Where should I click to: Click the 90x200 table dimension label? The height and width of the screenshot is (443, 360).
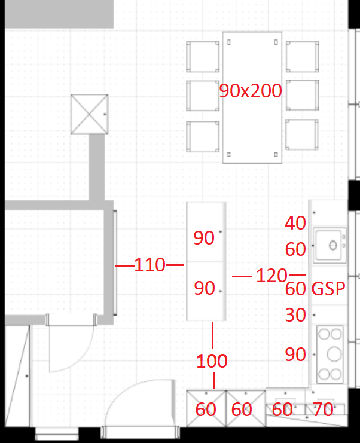coord(251,91)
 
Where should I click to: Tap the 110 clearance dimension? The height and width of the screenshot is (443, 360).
coord(150,265)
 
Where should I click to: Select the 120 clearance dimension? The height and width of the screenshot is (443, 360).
coord(271,276)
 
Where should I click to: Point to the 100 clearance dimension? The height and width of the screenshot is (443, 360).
coord(212,360)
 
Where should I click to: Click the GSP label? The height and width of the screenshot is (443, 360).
coord(328,289)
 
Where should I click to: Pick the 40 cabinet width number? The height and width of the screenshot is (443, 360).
coord(295,223)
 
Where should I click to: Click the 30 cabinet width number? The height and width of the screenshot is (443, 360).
coord(295,314)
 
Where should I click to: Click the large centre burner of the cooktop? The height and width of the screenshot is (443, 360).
coord(334,355)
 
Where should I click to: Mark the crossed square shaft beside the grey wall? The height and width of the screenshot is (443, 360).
coord(89,114)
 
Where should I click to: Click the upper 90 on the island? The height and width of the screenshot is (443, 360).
coord(204,237)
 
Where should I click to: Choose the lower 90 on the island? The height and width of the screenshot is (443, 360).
coord(205,288)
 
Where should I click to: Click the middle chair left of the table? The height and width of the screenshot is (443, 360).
coord(203,96)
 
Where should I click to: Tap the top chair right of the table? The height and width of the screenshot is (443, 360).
coord(303,57)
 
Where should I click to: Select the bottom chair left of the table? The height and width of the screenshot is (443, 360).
coord(203,137)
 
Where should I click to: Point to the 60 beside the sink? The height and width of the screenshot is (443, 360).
coord(295,249)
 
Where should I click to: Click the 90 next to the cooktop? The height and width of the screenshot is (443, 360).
coord(295,355)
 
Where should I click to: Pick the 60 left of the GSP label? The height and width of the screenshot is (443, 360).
coord(295,289)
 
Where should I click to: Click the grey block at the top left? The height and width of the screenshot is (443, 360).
coord(59,14)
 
